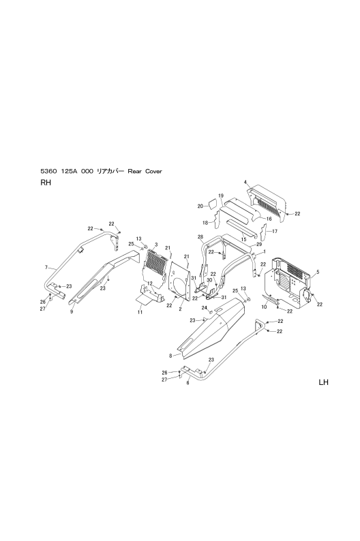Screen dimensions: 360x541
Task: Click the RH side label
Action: [x=46, y=183]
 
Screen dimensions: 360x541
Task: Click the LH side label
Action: [x=323, y=382]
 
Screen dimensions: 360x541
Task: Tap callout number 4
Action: [x=245, y=182]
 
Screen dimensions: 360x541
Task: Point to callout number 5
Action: [x=318, y=272]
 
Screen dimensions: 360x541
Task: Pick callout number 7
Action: [x=46, y=267]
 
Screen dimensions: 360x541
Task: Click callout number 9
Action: [x=72, y=312]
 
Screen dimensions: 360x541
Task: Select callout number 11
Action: [x=140, y=312]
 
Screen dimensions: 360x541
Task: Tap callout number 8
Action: [x=170, y=356]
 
